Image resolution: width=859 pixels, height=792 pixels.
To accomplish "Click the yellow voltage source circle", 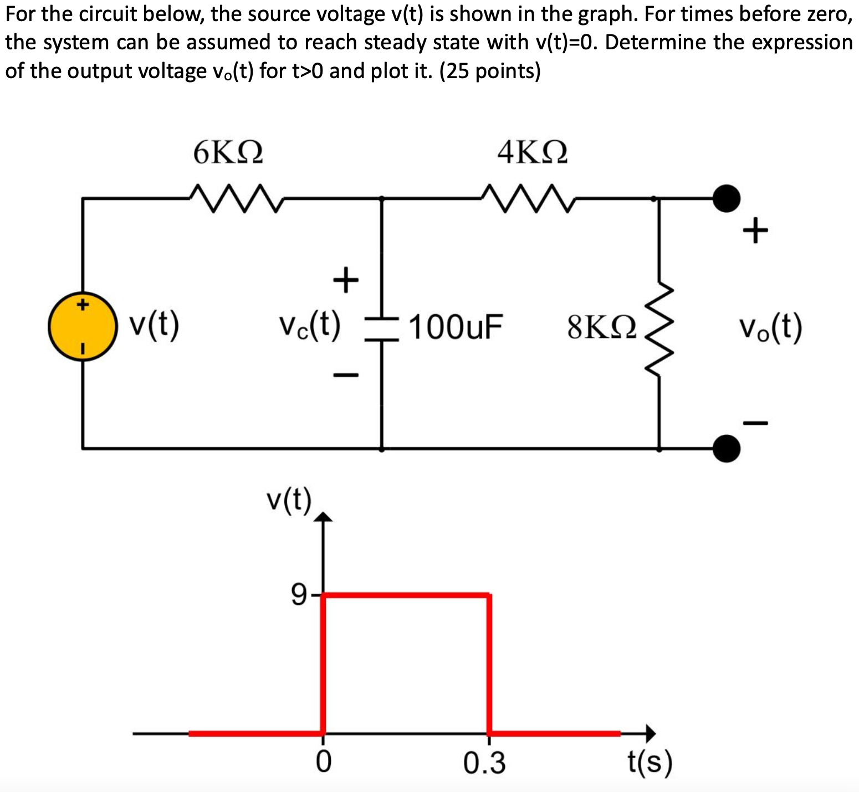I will [83, 327].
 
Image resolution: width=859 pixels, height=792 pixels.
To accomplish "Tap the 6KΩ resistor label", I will [228, 152].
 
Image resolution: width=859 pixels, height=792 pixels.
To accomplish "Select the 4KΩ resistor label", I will [532, 152].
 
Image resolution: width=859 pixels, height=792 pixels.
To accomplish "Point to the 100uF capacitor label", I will [456, 327].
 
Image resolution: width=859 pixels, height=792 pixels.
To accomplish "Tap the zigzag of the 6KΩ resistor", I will [236, 198].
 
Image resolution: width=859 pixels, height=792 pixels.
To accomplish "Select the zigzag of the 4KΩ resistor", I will [529, 198].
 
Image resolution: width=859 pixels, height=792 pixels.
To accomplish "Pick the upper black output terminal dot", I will [726, 198].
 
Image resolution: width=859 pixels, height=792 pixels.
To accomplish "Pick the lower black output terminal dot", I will [726, 448].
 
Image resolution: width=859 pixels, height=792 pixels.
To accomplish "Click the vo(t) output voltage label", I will [770, 327].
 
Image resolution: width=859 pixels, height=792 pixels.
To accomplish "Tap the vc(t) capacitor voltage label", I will [309, 326].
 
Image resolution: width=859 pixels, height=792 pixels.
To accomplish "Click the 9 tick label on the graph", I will [298, 595].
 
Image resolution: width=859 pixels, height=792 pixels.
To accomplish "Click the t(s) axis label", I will [650, 763].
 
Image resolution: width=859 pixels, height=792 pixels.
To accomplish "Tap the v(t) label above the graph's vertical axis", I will [288, 500].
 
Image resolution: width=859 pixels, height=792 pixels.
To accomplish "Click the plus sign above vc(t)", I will [346, 279].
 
